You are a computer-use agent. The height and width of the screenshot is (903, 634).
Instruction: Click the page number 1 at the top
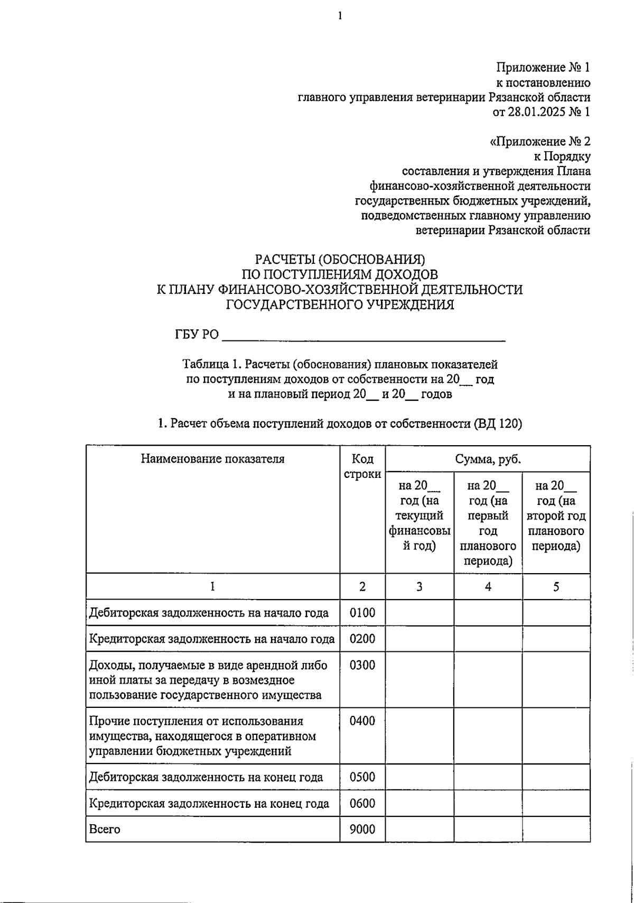[340, 16]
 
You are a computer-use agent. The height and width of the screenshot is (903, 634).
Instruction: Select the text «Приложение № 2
[540, 142]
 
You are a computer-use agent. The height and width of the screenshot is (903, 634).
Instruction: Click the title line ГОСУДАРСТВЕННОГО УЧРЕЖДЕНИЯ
[340, 305]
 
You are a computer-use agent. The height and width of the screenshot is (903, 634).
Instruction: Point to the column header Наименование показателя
[212, 459]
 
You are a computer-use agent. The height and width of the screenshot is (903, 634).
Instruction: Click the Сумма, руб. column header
[488, 459]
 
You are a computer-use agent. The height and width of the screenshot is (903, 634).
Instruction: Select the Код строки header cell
[362, 466]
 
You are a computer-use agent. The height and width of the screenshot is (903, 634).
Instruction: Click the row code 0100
[362, 613]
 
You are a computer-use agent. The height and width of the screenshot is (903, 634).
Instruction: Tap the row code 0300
[362, 665]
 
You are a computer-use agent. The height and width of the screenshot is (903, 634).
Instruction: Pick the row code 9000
[362, 829]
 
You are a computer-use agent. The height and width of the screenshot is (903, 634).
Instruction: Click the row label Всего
[105, 829]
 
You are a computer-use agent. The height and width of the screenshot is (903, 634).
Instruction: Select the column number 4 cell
[488, 586]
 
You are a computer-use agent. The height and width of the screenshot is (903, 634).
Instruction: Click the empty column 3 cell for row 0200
[419, 639]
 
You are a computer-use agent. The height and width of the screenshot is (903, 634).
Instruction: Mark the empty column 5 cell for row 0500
[556, 777]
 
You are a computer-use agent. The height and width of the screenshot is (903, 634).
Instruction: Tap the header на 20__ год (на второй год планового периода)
[556, 515]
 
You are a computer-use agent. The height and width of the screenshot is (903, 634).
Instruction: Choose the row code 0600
[362, 804]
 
